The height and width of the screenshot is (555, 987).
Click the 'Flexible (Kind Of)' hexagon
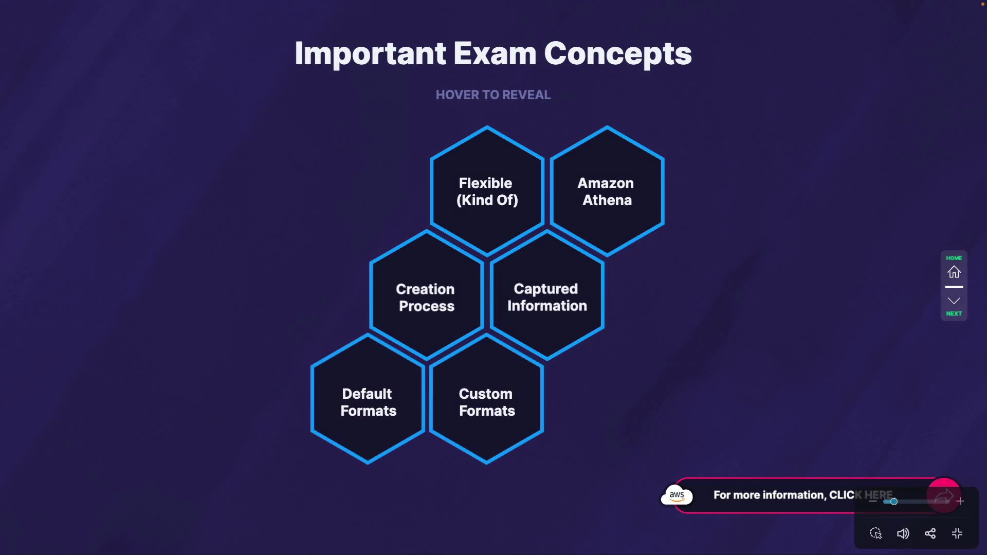487,191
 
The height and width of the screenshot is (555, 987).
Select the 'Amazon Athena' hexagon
607,191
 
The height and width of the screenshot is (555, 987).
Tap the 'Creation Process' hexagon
426,297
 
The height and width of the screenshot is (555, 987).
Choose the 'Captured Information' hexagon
546,297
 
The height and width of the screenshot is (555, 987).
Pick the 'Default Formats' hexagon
368,402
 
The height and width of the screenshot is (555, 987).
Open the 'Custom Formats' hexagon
486,402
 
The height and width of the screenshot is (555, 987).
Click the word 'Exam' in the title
495,53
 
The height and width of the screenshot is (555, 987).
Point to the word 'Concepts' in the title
617,53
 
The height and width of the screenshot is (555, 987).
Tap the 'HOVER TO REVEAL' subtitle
493,95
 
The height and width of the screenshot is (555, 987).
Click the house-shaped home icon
954,272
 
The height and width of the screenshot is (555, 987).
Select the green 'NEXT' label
954,313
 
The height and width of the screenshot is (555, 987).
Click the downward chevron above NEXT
954,301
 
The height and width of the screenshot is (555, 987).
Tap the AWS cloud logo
677,495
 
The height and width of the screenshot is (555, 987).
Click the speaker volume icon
903,533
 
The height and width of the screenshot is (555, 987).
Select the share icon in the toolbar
930,533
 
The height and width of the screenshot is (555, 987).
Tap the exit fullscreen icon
957,533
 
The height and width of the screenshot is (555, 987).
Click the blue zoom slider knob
894,502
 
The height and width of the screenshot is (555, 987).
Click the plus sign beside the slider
960,501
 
